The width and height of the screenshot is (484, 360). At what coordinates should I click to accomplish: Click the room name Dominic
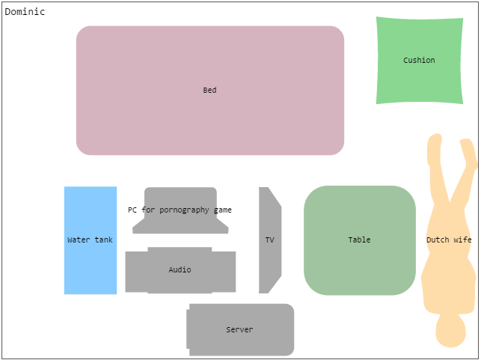(25, 12)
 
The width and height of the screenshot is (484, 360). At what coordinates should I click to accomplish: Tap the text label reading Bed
(209, 91)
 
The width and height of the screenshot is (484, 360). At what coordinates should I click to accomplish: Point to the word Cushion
(419, 61)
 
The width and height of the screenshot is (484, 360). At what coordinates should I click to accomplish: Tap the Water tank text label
(90, 240)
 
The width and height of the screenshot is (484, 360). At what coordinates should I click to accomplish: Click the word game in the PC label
(222, 210)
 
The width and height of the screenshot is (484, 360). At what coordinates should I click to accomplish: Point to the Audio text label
(180, 270)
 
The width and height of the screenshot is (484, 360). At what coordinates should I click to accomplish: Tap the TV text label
(269, 240)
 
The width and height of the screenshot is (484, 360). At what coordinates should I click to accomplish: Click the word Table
(359, 240)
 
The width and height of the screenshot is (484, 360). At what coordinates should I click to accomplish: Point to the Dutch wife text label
(449, 240)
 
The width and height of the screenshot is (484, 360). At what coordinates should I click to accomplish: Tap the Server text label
(239, 330)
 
